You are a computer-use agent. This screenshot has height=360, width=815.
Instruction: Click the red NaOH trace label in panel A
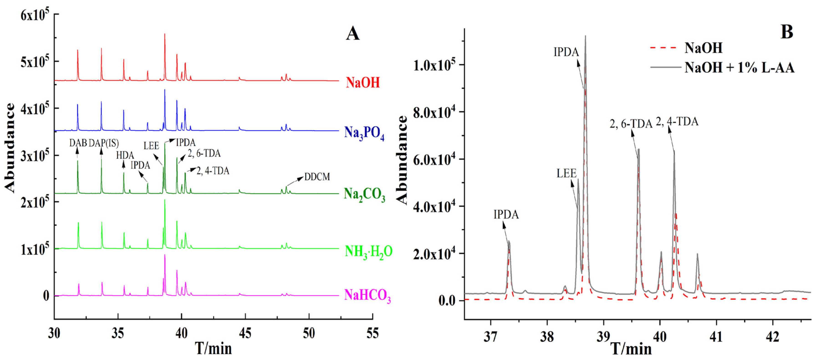click(x=363, y=83)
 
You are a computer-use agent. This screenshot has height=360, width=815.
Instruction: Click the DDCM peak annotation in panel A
click(x=317, y=177)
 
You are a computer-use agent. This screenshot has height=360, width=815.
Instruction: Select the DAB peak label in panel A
click(x=78, y=143)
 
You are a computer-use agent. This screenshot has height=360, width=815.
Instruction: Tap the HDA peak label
click(x=125, y=155)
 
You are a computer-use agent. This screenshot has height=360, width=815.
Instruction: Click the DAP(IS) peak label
click(x=103, y=143)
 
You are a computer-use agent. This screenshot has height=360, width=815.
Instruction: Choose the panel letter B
click(x=787, y=32)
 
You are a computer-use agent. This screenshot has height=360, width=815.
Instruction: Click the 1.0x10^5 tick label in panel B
click(x=434, y=66)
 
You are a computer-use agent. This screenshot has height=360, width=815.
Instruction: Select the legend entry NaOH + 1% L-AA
click(x=739, y=68)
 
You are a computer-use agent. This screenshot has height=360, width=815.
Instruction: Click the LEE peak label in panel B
click(x=566, y=173)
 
